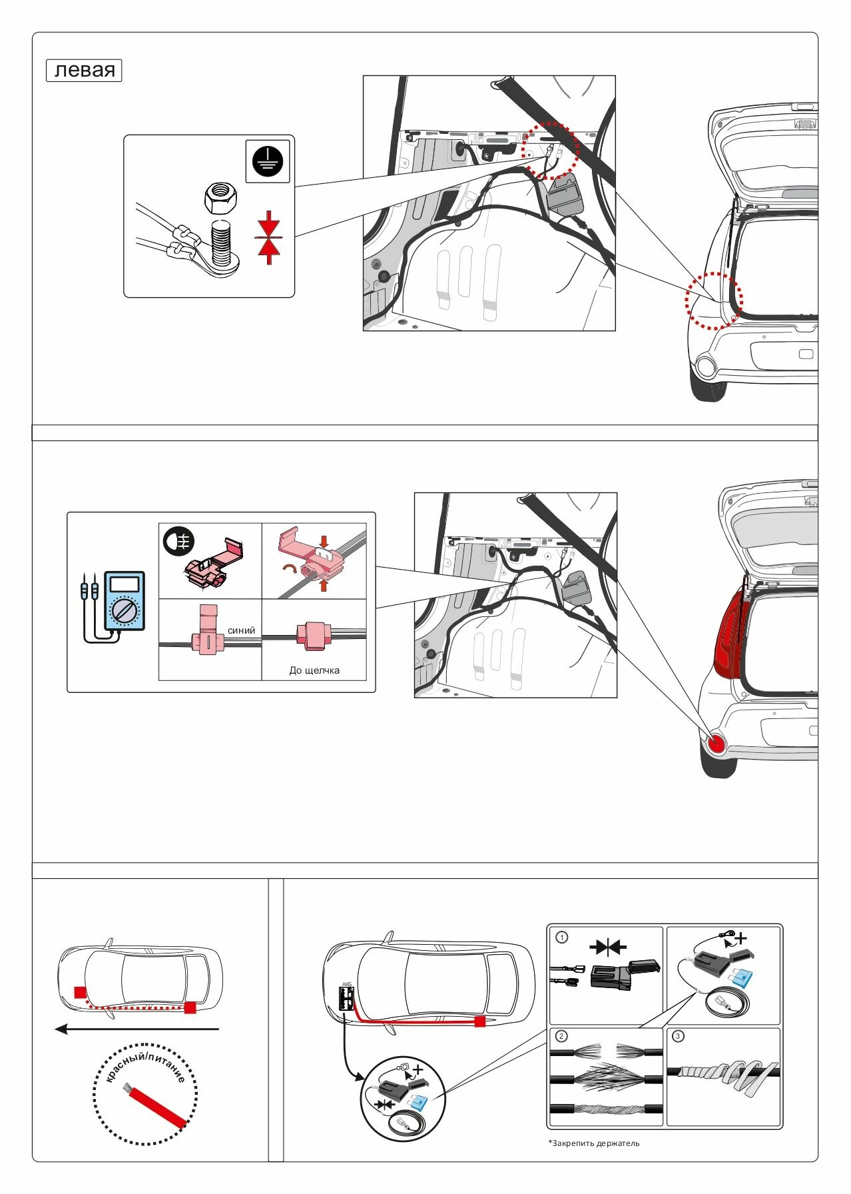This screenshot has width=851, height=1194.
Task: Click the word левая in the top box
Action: [x=84, y=70]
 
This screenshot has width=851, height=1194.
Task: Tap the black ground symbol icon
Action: [x=268, y=161]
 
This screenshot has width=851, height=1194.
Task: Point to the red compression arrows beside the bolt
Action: [x=269, y=237]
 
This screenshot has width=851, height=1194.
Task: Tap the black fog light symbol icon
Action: [x=178, y=541]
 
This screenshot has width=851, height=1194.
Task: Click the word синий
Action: [x=241, y=630]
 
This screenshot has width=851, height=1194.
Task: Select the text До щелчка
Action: [x=314, y=670]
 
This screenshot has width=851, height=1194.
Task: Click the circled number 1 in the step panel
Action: [x=562, y=937]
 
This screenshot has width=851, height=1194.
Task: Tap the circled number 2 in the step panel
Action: [x=562, y=1036]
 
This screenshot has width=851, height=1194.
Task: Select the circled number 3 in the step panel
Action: [x=678, y=1036]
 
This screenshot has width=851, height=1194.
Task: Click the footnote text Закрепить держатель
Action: [x=595, y=1143]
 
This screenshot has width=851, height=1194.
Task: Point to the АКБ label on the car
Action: [x=346, y=984]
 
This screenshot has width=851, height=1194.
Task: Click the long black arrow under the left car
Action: [x=137, y=1029]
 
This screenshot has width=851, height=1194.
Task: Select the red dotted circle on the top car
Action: [x=714, y=300]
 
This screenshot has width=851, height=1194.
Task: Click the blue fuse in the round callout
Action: [x=419, y=1103]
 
